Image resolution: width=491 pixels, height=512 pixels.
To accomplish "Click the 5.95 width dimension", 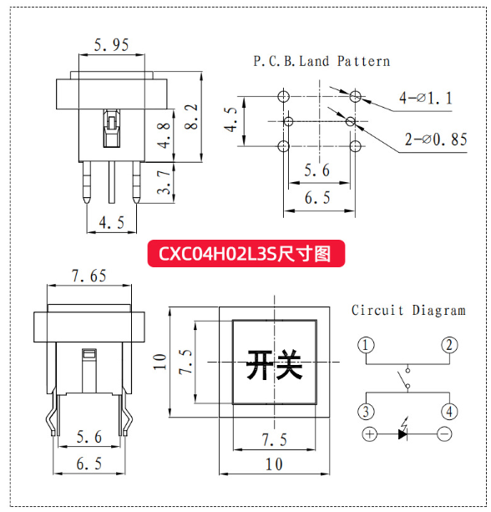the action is pos(111,45).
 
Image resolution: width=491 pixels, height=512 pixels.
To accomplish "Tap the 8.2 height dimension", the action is pos(191,117).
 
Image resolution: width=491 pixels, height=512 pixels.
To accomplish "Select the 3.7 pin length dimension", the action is pos(164,182).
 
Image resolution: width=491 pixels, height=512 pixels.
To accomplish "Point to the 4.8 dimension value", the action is pos(164,135).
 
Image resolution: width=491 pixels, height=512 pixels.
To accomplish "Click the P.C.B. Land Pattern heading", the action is pos(321,61).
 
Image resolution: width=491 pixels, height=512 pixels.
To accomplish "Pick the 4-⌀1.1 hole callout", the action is pos(426,98).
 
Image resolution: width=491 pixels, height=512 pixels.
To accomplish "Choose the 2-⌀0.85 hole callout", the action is pos(436,139).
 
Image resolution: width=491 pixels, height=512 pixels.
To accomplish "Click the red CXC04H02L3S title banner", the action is pos(246,253).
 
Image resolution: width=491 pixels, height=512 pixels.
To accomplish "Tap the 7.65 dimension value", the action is pos(89,276).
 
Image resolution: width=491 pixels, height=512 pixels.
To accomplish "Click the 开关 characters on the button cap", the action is pos(274,365).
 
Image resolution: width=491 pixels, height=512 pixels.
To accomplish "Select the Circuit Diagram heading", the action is pos(408,310).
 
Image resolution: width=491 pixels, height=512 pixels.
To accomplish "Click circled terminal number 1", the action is pos(366,345).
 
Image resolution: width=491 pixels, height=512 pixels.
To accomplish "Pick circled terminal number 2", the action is pos(449,345).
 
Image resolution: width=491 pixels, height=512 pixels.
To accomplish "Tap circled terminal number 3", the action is pos(366,412).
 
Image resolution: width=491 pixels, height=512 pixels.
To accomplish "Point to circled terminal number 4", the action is pos(449,412).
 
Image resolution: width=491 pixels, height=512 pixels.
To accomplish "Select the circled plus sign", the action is pos(370,434).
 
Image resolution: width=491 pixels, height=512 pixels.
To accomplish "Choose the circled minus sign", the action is pos(444,434).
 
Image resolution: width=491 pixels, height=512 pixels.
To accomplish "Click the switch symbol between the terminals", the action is pos(404,378).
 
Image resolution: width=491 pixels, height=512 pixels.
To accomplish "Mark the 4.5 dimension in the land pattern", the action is pos(230,119).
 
